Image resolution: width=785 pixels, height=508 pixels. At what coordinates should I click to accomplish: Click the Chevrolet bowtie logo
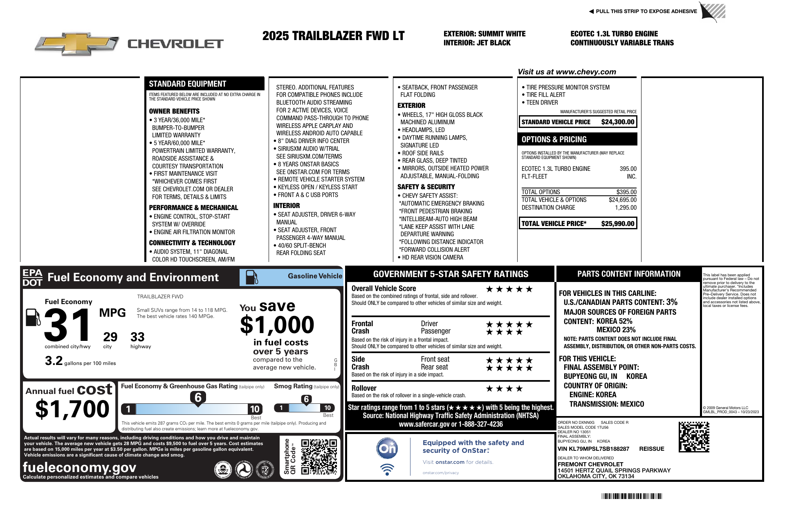point(77,43)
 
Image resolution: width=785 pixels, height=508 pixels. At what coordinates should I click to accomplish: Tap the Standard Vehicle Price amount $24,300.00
point(617,122)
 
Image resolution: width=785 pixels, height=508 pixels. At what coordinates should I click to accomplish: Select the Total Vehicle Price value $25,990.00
point(617,224)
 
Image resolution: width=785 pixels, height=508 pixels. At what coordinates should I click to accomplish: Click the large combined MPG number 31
point(68,325)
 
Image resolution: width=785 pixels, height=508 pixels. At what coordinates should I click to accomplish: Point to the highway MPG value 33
point(137,337)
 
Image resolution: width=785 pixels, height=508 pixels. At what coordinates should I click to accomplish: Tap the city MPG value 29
point(110,337)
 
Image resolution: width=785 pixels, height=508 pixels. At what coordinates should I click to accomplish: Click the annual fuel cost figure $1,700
point(72,409)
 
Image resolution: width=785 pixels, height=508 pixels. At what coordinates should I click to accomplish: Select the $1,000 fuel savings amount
point(277,325)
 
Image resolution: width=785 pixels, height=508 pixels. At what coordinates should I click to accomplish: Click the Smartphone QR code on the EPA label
point(319,457)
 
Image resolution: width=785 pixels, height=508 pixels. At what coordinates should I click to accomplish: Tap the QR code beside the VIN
point(694,437)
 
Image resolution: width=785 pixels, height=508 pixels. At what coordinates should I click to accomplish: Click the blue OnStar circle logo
point(387,448)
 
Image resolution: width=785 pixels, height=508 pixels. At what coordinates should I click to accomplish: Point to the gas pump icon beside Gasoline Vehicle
point(251,277)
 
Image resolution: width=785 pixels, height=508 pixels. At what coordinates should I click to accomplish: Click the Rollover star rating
point(504,389)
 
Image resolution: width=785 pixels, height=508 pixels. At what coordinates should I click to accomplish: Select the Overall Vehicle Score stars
point(509,289)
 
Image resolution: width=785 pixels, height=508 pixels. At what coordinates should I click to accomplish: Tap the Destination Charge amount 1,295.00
point(626,208)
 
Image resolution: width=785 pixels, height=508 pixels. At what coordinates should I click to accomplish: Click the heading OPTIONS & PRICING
point(554,139)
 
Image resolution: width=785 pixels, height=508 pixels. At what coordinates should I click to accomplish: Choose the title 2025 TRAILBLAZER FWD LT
point(333,36)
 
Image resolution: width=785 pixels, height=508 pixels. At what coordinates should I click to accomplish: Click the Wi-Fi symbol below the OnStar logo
point(387,469)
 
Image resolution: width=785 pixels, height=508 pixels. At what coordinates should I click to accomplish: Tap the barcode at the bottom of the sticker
point(631,497)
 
